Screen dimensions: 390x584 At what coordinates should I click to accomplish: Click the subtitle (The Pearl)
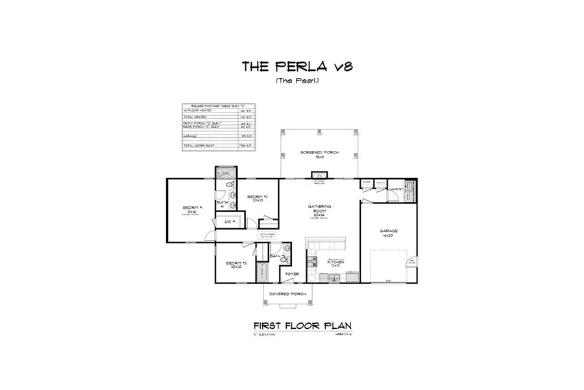(x=291, y=81)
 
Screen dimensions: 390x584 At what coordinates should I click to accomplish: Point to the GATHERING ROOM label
(x=320, y=209)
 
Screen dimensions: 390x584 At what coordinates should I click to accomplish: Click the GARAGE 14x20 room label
(x=389, y=233)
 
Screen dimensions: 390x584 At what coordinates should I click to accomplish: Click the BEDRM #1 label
(x=192, y=209)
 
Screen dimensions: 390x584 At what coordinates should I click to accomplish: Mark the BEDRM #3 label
(x=234, y=265)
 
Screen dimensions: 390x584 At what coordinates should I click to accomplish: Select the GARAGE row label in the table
(x=191, y=137)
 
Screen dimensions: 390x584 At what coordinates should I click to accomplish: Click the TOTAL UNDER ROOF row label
(x=198, y=146)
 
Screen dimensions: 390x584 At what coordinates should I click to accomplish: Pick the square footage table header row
(x=218, y=105)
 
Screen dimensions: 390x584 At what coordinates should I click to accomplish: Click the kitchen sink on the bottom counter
(x=332, y=279)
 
